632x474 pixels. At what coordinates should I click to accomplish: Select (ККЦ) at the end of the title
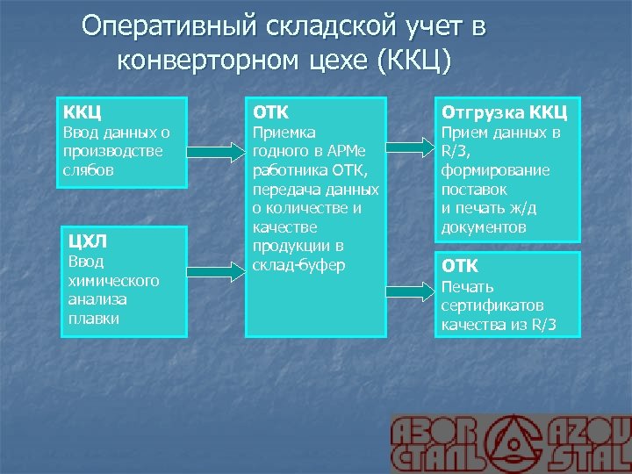(414, 62)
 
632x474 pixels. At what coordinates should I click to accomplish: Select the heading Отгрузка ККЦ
(505, 112)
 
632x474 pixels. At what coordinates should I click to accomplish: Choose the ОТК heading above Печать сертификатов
(460, 266)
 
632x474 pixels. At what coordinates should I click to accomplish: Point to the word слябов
(88, 169)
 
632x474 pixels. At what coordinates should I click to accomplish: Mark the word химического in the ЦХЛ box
(110, 281)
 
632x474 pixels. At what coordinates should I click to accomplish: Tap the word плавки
(94, 318)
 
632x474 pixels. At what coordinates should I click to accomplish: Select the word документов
(484, 226)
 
